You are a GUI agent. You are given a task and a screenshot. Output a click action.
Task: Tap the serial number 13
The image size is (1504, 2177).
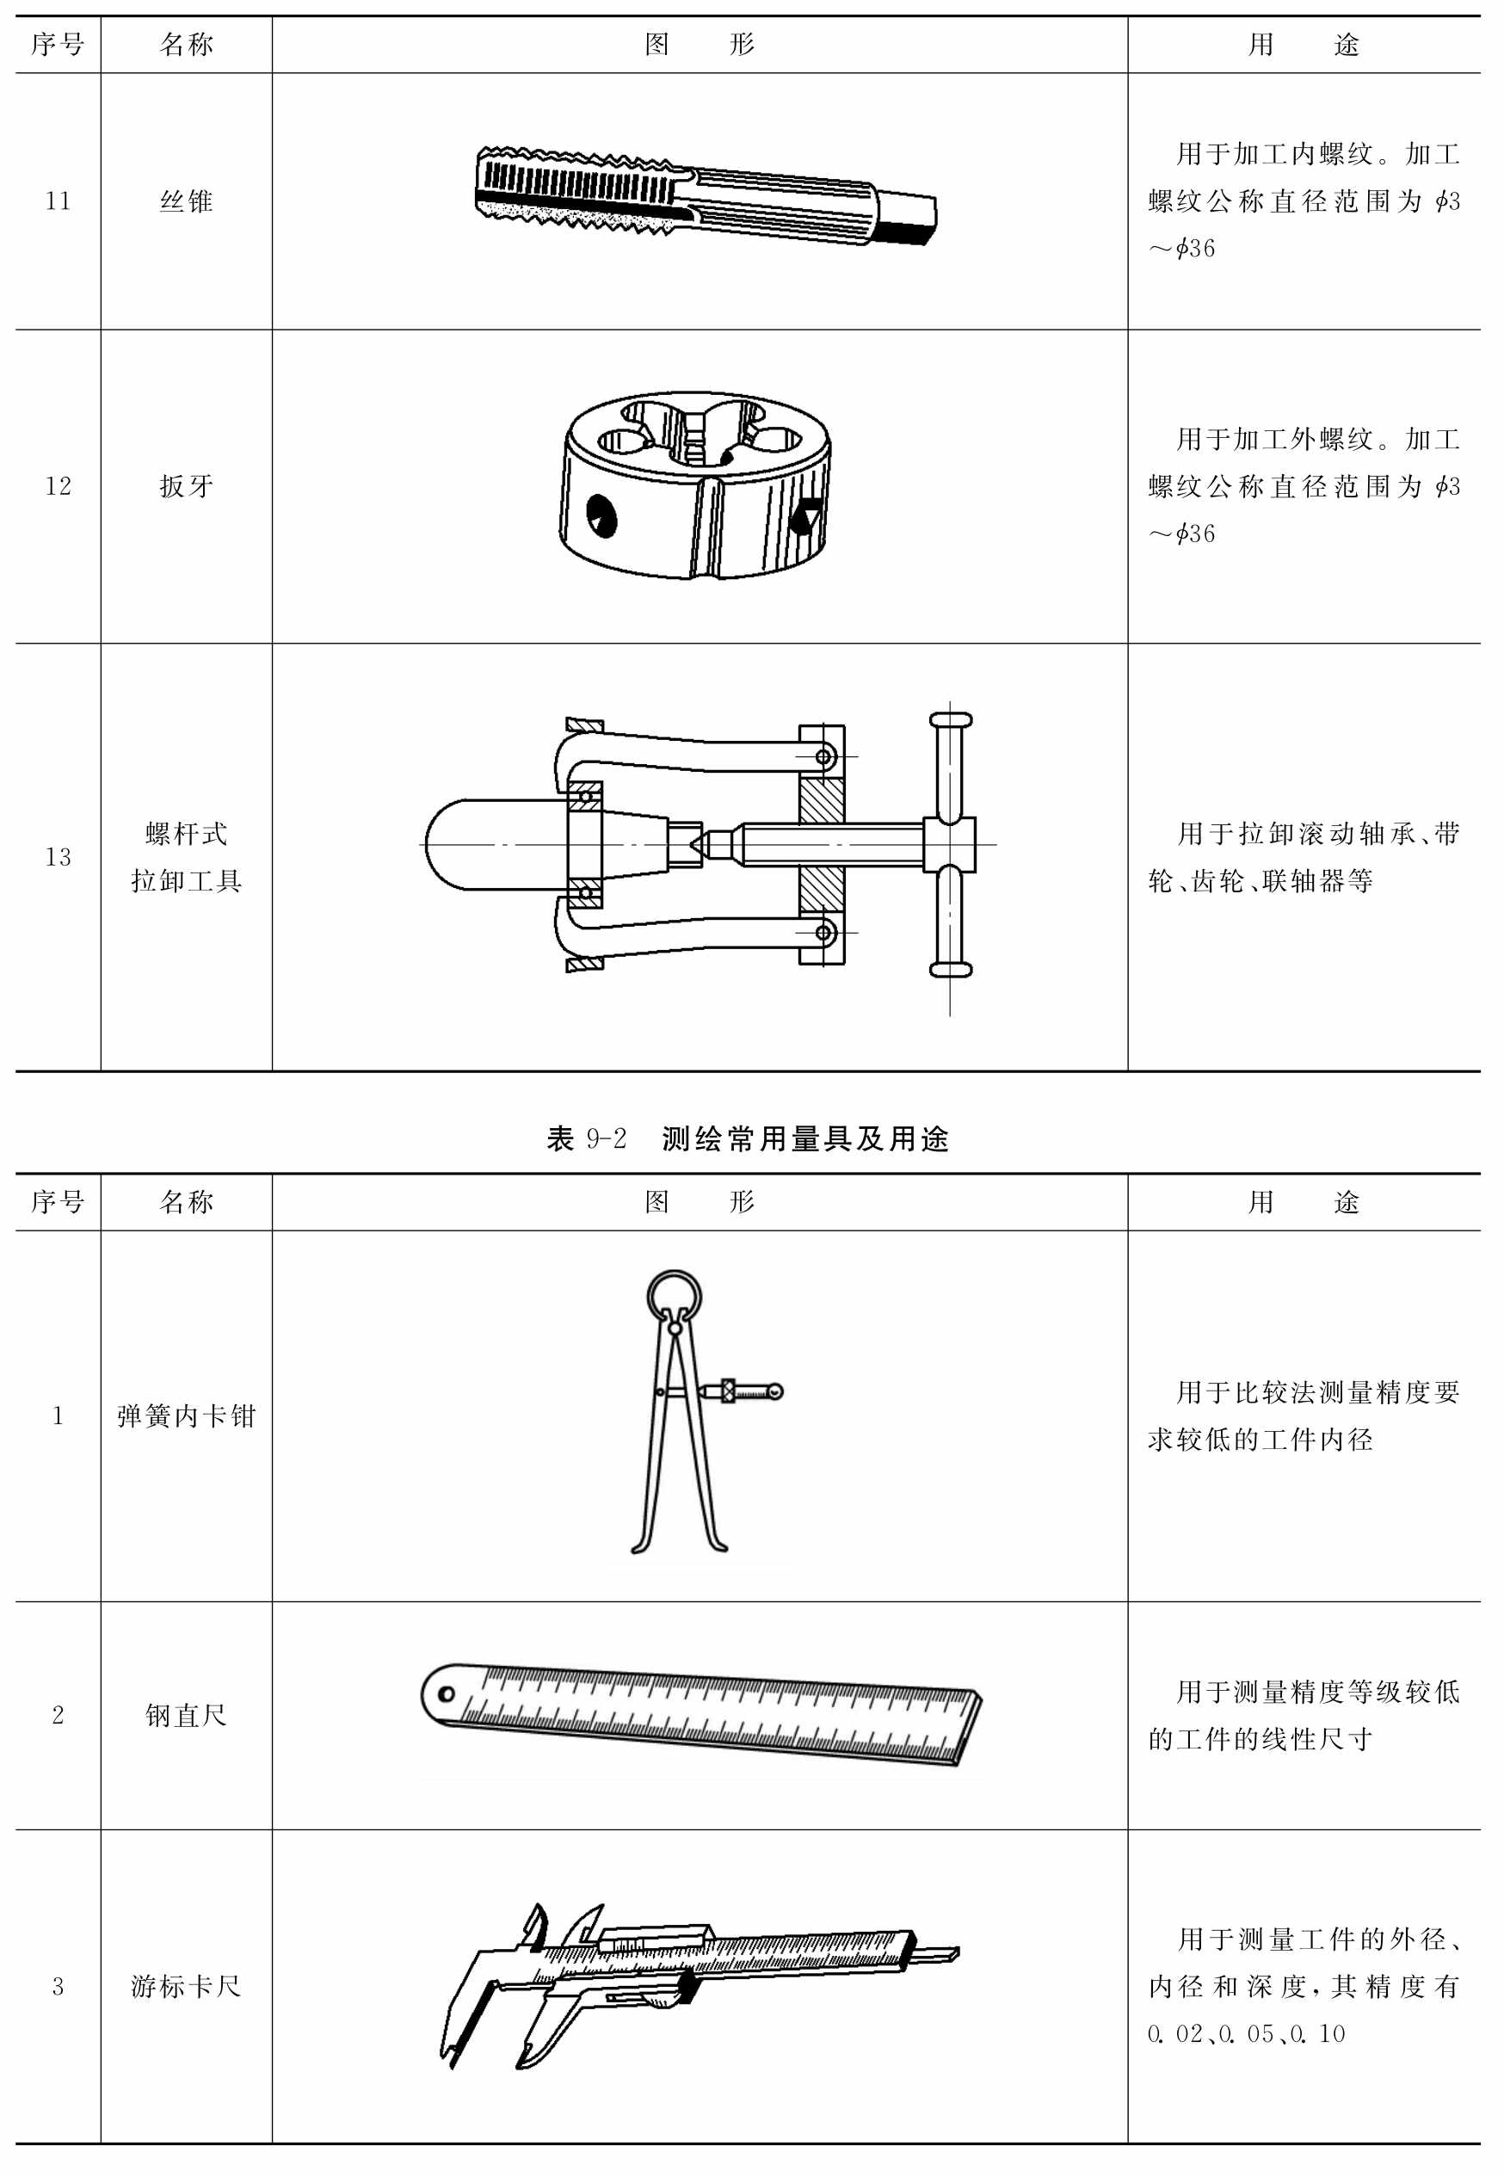(58, 857)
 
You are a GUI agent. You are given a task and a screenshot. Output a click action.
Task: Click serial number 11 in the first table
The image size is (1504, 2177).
(58, 200)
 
